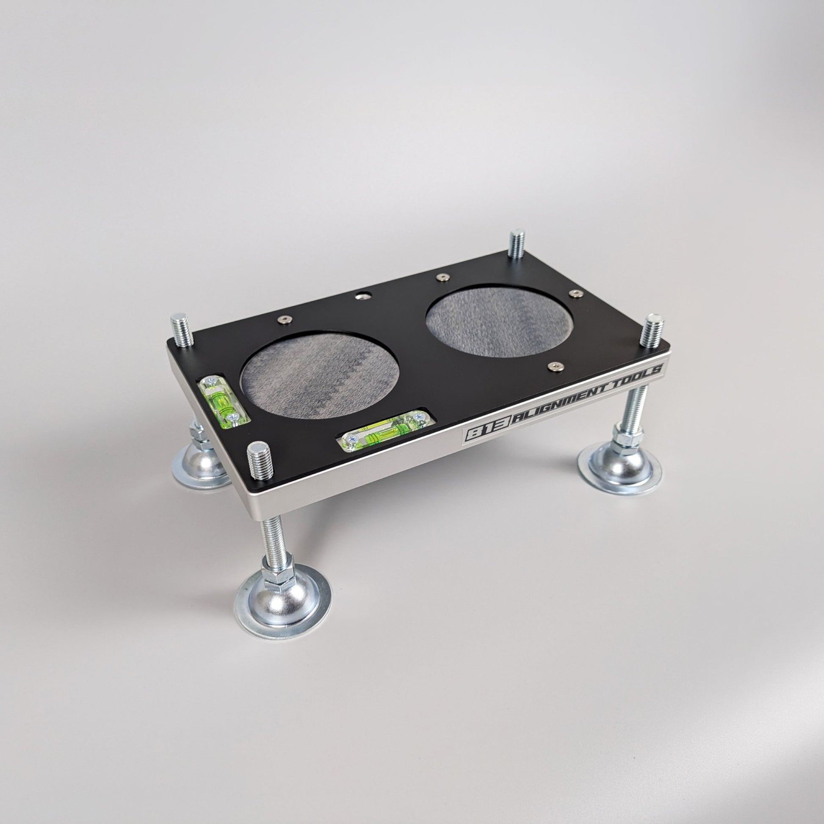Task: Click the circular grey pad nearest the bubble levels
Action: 320,375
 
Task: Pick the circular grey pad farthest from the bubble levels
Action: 499,321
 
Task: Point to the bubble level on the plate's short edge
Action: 223,400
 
